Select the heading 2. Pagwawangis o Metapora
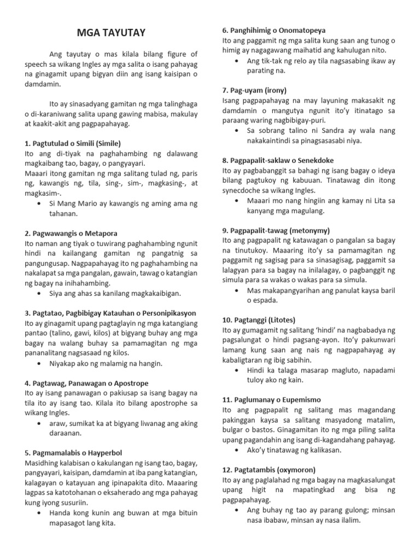pos(71,233)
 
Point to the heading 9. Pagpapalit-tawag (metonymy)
pos(276,230)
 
